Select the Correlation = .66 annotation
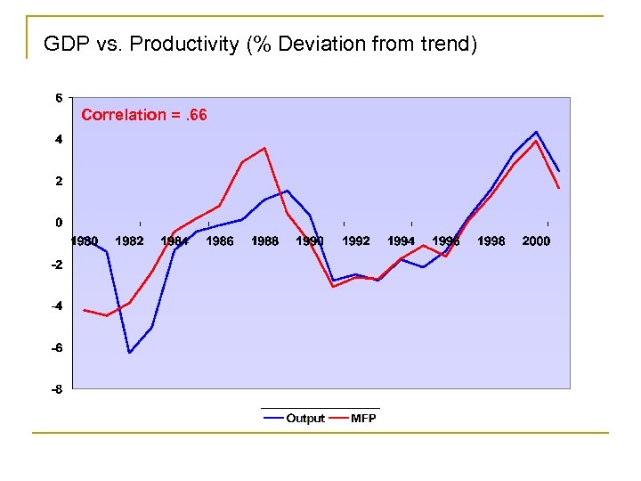[x=144, y=114]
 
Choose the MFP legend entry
[x=363, y=418]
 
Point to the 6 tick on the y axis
[x=59, y=98]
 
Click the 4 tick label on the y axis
[x=59, y=140]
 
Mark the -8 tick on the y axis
[x=56, y=389]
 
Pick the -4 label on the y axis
[x=56, y=306]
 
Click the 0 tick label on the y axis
[x=59, y=223]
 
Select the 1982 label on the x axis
[x=129, y=240]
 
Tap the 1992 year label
[x=355, y=240]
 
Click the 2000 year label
[x=536, y=240]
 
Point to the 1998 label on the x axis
[x=491, y=240]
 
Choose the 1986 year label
[x=220, y=240]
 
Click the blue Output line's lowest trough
[x=129, y=353]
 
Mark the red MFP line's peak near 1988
[x=264, y=148]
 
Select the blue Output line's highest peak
[x=536, y=132]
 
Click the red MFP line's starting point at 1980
[x=84, y=310]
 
